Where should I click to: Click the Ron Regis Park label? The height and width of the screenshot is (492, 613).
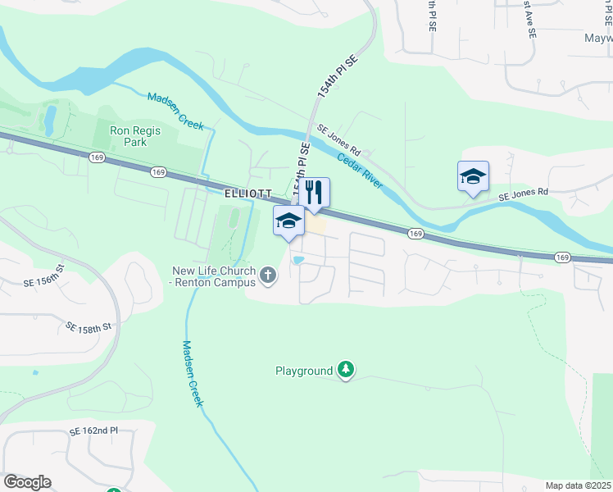click(x=136, y=137)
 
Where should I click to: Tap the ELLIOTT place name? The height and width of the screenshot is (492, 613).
click(x=247, y=194)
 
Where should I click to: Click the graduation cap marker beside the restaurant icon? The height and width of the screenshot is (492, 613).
click(x=288, y=221)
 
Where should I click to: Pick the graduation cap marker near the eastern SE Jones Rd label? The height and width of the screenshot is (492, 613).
click(x=473, y=176)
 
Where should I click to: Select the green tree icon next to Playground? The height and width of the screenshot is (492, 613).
click(x=347, y=371)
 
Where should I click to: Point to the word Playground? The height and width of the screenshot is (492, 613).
click(x=303, y=371)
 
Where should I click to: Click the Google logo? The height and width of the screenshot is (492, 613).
click(x=27, y=482)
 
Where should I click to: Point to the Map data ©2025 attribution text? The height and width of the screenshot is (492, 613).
click(x=578, y=485)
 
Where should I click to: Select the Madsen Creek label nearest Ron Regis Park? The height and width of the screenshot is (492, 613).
click(x=175, y=112)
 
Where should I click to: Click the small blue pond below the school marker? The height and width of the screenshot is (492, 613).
click(x=298, y=261)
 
